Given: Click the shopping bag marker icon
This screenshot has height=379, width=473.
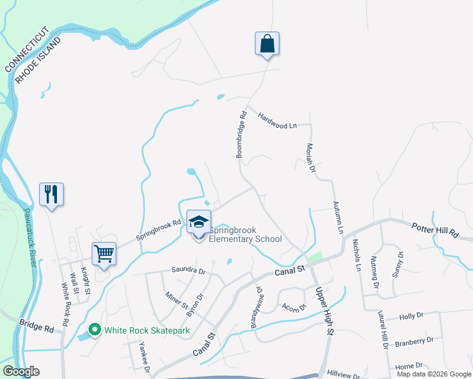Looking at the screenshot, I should pyautogui.click(x=267, y=44).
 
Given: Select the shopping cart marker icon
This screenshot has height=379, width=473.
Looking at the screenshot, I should pyautogui.click(x=104, y=254).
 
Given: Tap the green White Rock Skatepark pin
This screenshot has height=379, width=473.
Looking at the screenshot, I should pyautogui.click(x=95, y=330).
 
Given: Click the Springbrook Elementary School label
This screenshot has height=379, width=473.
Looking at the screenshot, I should pyautogui.click(x=245, y=234).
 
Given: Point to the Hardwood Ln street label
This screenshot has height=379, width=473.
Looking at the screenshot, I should pyautogui.click(x=277, y=121).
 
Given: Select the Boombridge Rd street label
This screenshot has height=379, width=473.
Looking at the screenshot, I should pyautogui.click(x=241, y=135).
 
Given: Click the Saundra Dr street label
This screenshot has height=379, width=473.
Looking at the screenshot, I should pyautogui.click(x=189, y=270).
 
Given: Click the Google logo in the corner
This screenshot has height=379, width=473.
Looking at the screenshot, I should pyautogui.click(x=21, y=371).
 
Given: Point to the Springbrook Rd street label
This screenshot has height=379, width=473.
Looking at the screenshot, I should pyautogui.click(x=158, y=231).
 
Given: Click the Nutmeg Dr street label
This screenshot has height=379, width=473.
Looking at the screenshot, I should pyautogui.click(x=374, y=268).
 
